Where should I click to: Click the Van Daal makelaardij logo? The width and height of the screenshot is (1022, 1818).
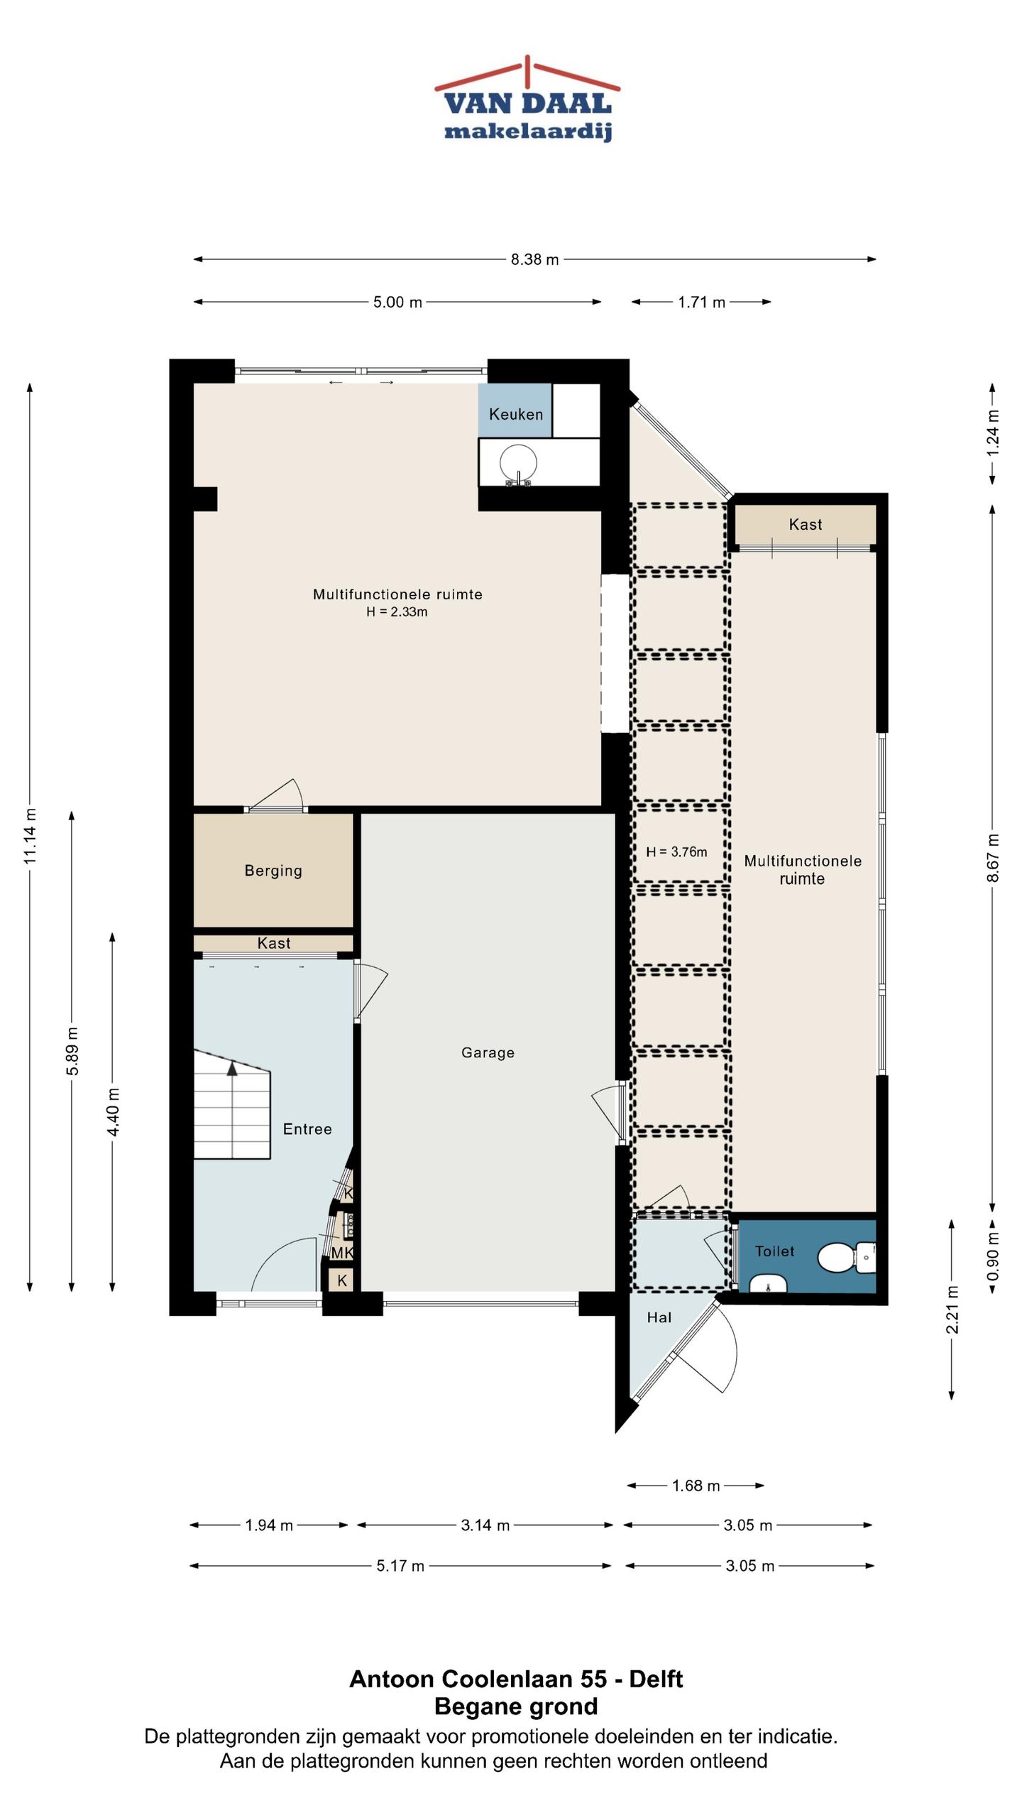[x=527, y=99]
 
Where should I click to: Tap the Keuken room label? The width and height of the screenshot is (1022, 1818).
[x=516, y=414]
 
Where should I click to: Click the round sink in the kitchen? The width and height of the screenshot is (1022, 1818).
[x=519, y=463]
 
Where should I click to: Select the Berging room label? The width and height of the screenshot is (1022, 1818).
[x=273, y=871]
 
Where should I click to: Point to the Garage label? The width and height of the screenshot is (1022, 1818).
[x=488, y=1052]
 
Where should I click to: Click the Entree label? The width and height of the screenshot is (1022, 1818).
[x=307, y=1129]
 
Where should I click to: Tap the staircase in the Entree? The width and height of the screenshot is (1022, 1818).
[x=232, y=1104]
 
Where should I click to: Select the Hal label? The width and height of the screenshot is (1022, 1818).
[x=659, y=1317]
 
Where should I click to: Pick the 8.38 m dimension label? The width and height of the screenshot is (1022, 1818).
[x=535, y=260]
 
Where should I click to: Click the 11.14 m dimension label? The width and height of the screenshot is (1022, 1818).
[x=30, y=837]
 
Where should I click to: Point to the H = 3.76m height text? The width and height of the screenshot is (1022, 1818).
[x=676, y=852]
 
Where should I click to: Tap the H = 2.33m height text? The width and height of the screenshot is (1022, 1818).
[x=397, y=612]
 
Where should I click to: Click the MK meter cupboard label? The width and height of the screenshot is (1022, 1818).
[x=342, y=1253]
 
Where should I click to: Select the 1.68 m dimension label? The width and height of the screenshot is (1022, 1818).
[x=696, y=1486]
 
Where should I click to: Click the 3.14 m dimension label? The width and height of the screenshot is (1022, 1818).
[x=485, y=1525]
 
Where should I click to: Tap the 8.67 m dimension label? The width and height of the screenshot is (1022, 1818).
[x=993, y=858]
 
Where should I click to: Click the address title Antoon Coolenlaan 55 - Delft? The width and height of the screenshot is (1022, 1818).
[x=516, y=1679]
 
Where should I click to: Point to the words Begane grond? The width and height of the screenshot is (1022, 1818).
[x=516, y=1707]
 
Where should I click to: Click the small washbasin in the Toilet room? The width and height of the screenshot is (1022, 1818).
[x=768, y=1283]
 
